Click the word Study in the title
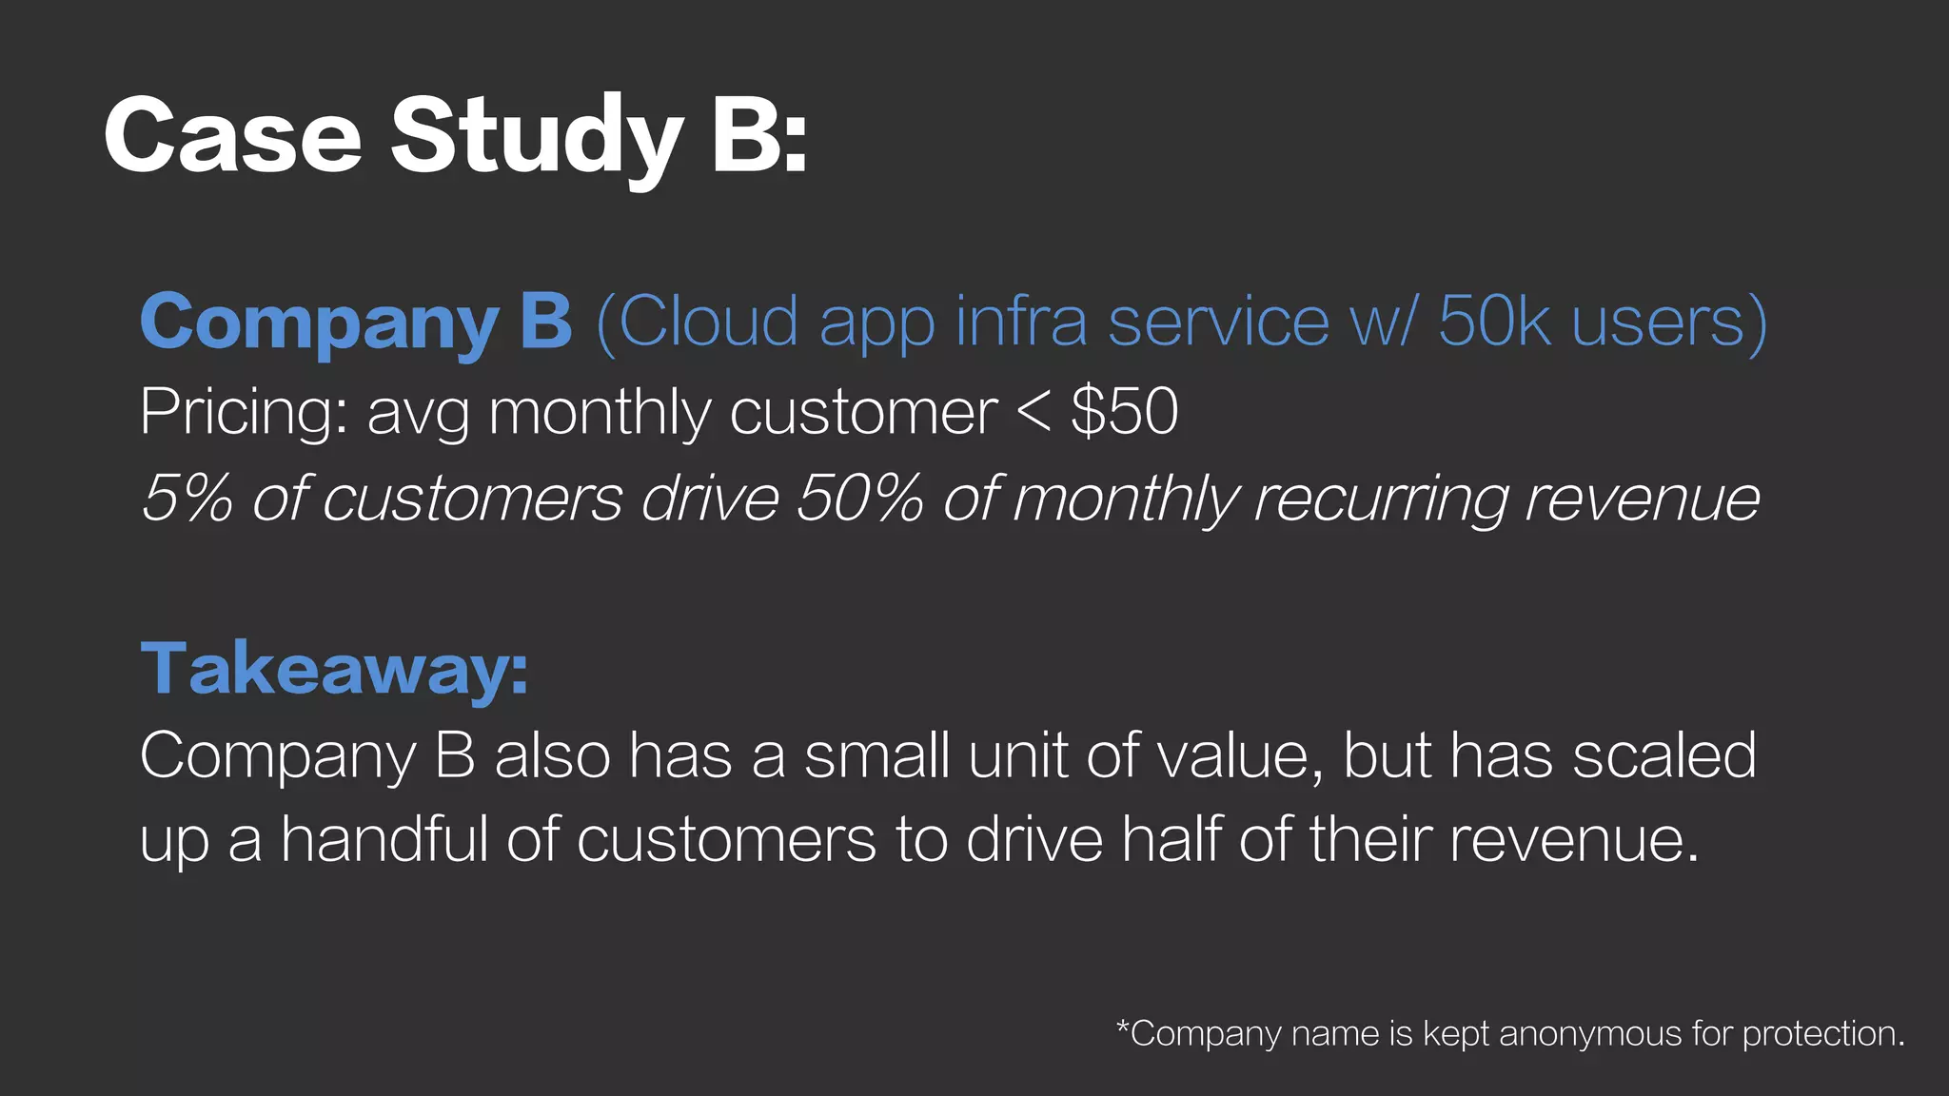(537, 139)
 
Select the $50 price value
(1125, 411)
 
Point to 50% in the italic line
(860, 498)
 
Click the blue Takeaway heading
(334, 669)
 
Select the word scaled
(1664, 755)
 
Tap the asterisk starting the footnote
(1123, 1025)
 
